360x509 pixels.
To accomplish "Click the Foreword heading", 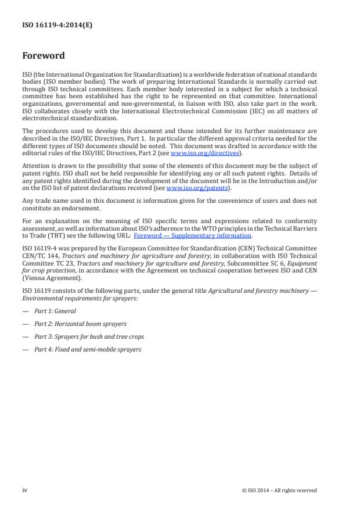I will pos(44,56).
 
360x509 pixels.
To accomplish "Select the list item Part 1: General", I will pos(55,311).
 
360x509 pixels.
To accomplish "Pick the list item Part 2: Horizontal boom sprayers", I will pos(80,324).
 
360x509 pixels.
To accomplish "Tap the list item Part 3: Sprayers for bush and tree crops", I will pos(89,336).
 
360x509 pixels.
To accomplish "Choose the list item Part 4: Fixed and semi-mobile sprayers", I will pos(87,349).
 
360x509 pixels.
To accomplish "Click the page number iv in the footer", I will pos(25,490).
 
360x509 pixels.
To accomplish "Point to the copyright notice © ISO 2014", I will pos(279,490).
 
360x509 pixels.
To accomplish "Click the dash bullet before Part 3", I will pos(25,336).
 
